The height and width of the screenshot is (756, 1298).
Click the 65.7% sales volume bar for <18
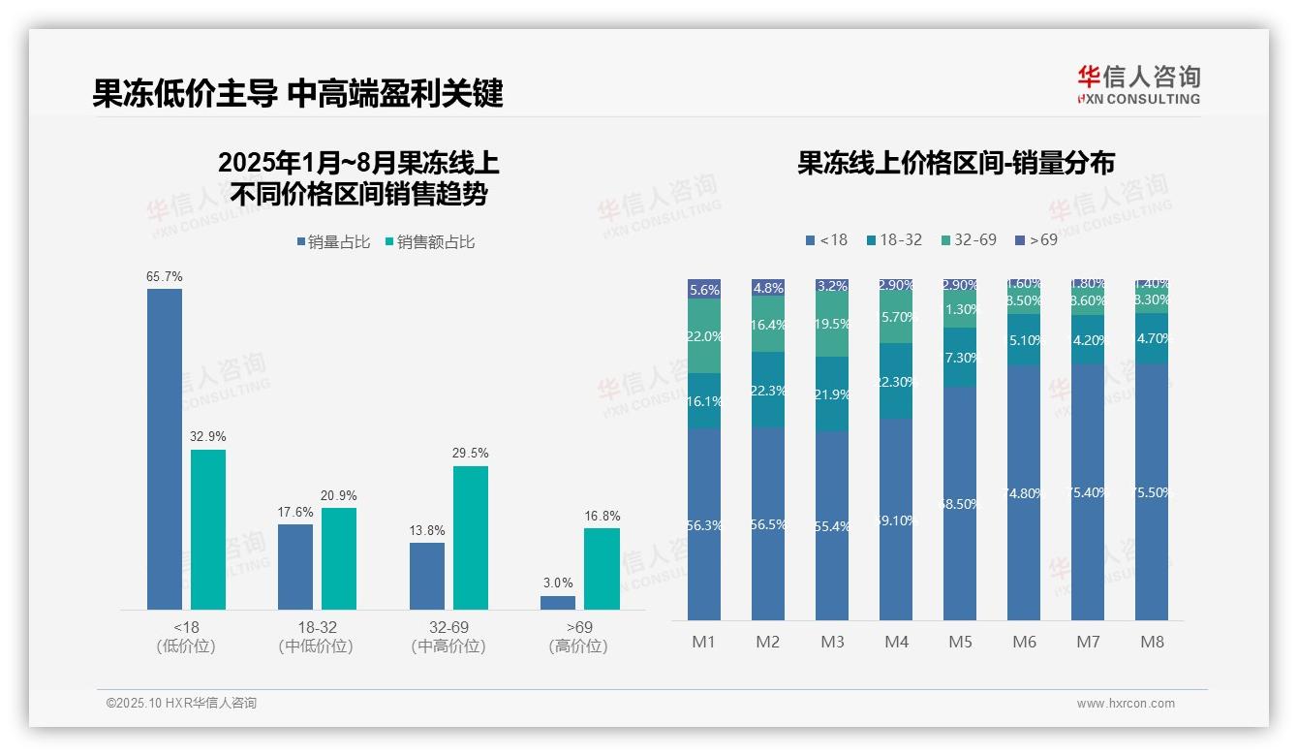[x=165, y=449]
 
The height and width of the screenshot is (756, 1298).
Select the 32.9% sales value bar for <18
[x=208, y=529]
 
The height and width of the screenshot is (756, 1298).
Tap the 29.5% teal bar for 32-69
[x=471, y=537]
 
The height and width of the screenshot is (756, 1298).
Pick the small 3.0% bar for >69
[x=558, y=603]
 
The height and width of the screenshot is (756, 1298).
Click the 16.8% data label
[x=602, y=517]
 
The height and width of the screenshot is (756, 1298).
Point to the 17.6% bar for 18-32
[x=295, y=566]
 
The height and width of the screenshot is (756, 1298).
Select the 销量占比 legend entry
[x=333, y=242]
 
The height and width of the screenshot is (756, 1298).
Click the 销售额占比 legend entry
[x=430, y=242]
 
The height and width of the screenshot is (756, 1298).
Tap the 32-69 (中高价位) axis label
[x=448, y=637]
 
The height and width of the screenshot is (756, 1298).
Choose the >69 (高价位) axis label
[x=578, y=637]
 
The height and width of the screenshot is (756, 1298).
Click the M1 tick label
[x=704, y=642]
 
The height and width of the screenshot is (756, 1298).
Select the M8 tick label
[x=1152, y=642]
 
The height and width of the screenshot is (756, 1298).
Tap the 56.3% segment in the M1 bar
[x=704, y=524]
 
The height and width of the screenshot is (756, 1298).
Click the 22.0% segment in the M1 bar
[x=704, y=336]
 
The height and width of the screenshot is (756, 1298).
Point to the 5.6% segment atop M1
[x=704, y=289]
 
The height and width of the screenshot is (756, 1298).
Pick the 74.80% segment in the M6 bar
[x=1024, y=493]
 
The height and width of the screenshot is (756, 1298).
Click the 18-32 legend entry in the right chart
[x=894, y=239]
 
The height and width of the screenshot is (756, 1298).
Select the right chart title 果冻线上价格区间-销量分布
[x=956, y=163]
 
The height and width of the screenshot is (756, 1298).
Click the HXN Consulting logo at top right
[x=1138, y=84]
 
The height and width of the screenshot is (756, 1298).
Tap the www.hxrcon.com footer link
[x=1126, y=704]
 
